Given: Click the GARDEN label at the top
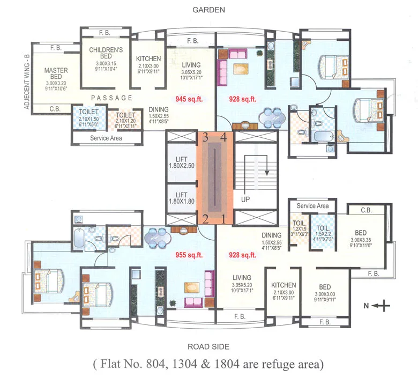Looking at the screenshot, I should coord(210,10).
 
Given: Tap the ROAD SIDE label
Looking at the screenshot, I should coord(210,346).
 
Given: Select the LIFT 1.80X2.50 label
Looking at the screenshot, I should coord(182,163).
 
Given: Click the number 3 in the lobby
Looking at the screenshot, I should coord(205,137).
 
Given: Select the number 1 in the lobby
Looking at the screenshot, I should coord(225,219).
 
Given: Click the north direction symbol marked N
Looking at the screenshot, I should coord(379,306).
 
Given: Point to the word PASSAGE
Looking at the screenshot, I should coord(111,98).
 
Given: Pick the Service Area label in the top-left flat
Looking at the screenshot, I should coord(106,138).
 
